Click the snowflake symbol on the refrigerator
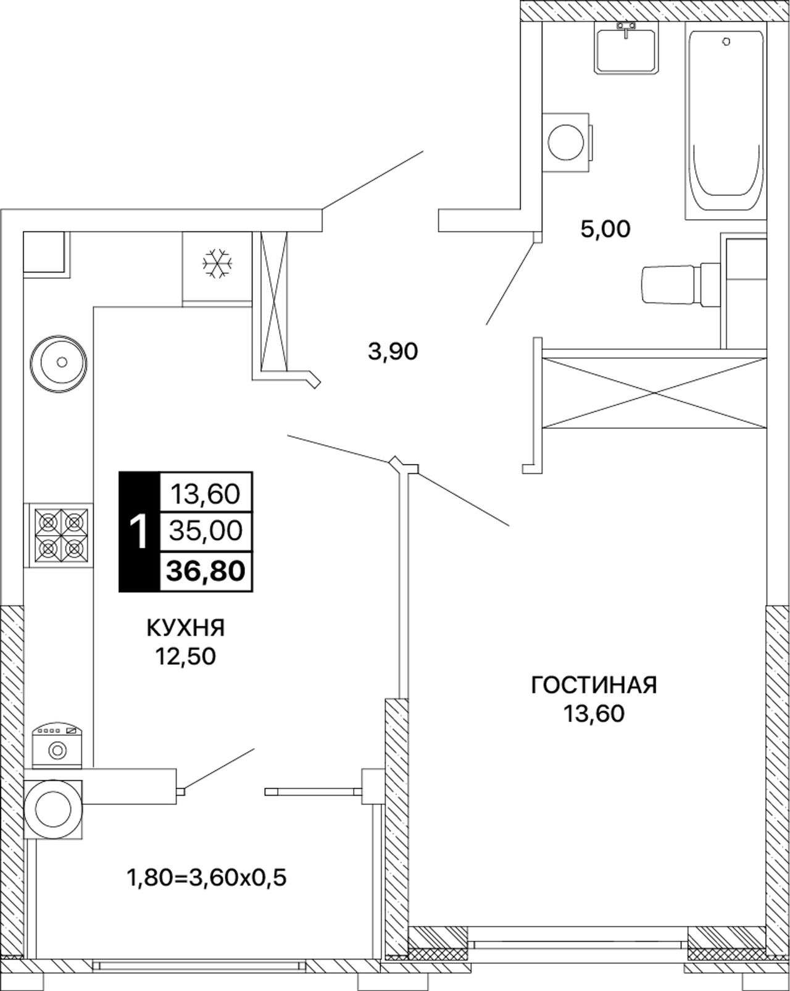tap(217, 263)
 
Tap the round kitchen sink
tap(59, 363)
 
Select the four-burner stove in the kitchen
tap(59, 534)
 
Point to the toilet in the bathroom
tap(681, 284)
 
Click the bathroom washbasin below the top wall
tap(626, 47)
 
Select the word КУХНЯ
tap(185, 628)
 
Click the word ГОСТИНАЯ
tap(594, 685)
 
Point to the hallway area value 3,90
tap(393, 352)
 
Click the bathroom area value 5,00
tap(605, 229)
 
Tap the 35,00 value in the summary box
tap(205, 531)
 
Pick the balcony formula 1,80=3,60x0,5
tap(206, 878)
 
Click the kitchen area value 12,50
tap(185, 656)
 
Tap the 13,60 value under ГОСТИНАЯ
tap(594, 714)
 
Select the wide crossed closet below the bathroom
tap(654, 393)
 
